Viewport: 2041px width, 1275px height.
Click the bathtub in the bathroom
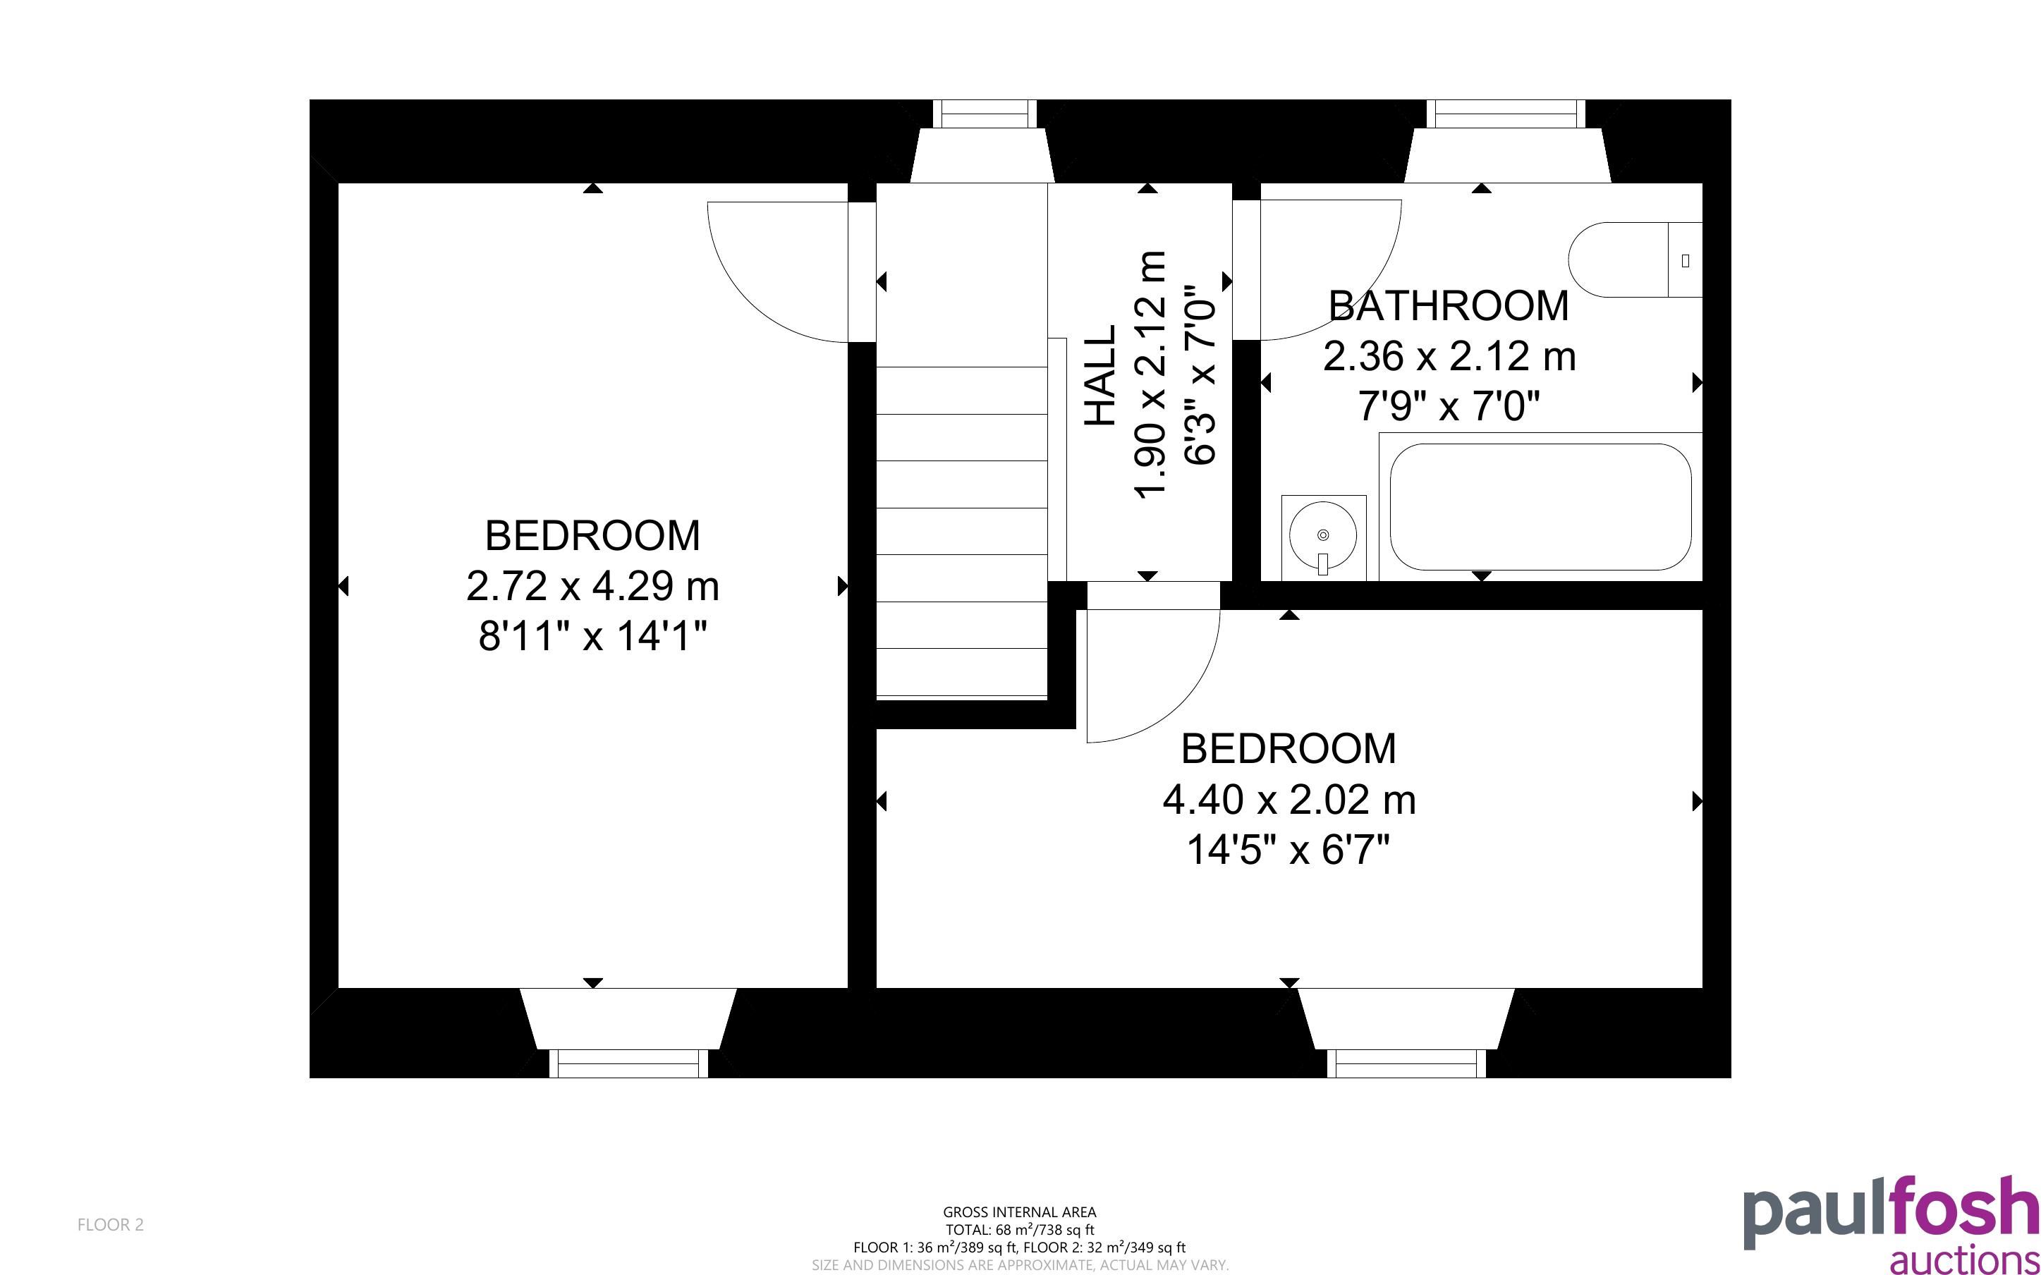(x=1540, y=507)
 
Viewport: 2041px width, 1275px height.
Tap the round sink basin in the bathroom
(x=1323, y=535)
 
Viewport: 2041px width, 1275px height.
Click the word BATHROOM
(x=1449, y=305)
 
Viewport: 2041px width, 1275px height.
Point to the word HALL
(x=1100, y=375)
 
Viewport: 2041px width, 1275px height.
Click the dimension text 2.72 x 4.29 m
(x=592, y=586)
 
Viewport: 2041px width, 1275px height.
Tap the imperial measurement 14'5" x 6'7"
(x=1289, y=850)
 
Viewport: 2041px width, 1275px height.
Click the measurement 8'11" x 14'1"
(x=592, y=636)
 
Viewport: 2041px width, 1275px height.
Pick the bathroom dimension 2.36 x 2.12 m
(x=1449, y=356)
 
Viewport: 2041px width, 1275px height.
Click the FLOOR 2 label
(x=111, y=1224)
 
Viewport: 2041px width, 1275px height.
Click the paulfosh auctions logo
(x=1890, y=1223)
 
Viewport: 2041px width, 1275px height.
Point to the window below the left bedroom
(x=629, y=1063)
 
